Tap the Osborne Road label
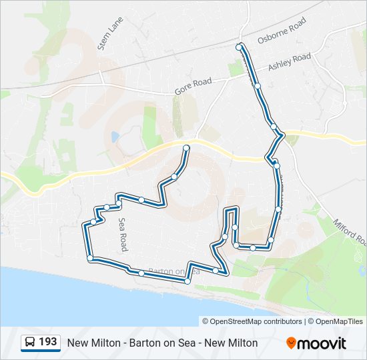[282, 31]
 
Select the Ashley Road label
[290, 62]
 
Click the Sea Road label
[123, 234]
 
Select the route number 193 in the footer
[47, 342]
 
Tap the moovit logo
[316, 343]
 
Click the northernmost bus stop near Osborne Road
[240, 47]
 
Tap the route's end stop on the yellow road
[186, 148]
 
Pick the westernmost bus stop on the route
[85, 227]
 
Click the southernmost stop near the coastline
[188, 282]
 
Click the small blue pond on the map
[115, 137]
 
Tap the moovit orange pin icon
[291, 343]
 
